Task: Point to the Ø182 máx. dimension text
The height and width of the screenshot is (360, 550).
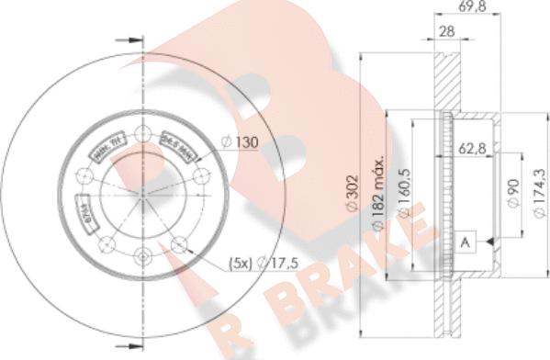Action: (378, 200)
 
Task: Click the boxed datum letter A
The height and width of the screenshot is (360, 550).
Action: (466, 242)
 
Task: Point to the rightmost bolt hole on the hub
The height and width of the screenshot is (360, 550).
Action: (199, 172)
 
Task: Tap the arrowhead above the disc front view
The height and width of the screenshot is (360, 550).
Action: (135, 41)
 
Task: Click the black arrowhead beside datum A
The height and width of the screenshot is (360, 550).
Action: (484, 242)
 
